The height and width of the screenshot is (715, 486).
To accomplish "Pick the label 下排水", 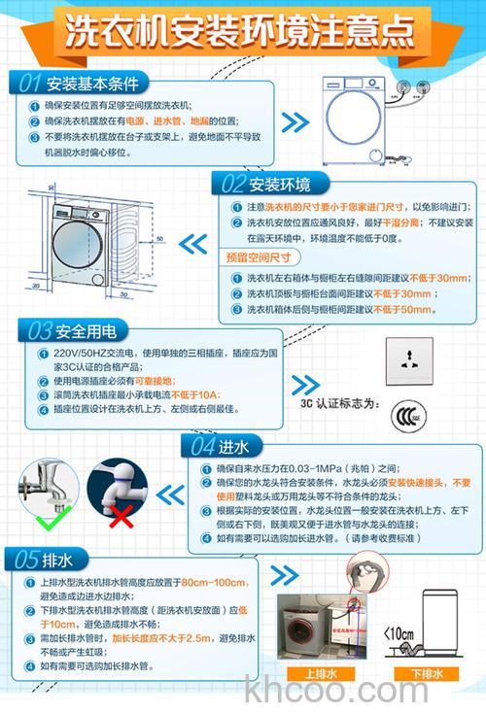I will tap(426, 672).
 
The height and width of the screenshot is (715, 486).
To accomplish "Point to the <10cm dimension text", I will tap(401, 633).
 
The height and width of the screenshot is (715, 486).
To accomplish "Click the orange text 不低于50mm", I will tap(400, 309).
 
